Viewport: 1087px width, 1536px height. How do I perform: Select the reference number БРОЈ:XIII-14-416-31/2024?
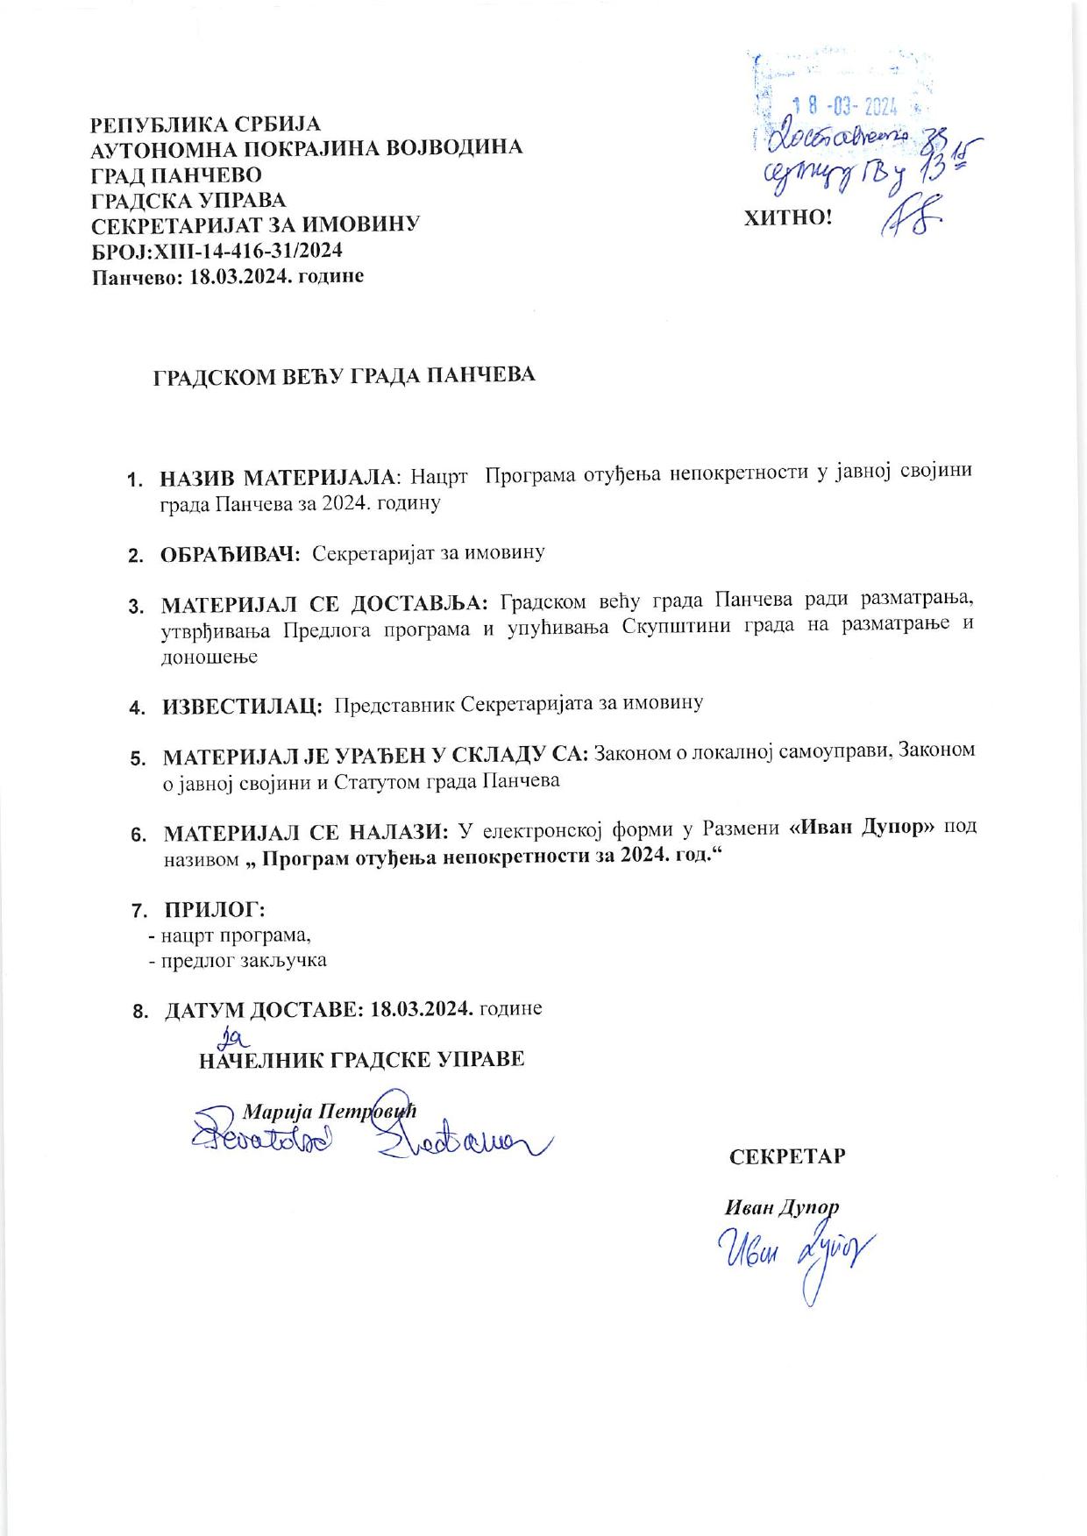[217, 251]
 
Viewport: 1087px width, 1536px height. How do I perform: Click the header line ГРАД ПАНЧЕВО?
[176, 174]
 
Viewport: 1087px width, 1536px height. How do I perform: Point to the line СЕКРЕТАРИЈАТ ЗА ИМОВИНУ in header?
[256, 224]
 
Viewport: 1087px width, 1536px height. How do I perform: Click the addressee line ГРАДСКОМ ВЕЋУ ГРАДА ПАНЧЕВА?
[345, 376]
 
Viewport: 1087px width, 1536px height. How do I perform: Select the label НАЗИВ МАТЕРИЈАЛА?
[279, 478]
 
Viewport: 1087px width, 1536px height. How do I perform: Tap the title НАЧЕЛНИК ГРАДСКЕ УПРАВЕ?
[361, 1060]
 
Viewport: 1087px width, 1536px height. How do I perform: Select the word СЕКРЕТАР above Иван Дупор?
[787, 1156]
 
